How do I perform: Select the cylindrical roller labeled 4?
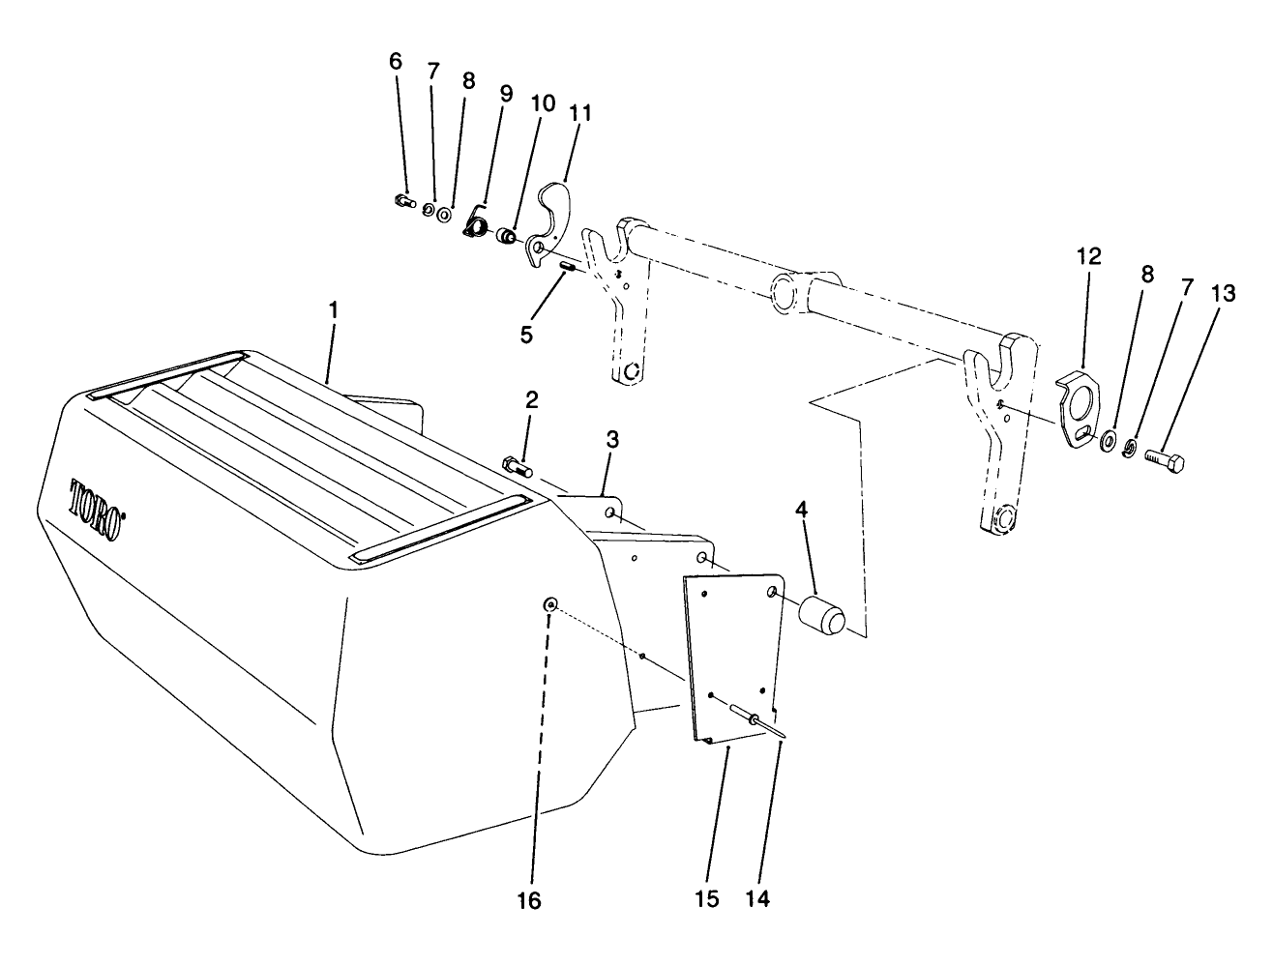click(820, 615)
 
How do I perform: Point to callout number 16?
click(529, 900)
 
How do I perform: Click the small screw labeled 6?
click(403, 201)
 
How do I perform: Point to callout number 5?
click(525, 334)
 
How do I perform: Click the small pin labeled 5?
click(569, 261)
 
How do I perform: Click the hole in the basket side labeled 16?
click(550, 604)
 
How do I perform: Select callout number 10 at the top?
click(542, 102)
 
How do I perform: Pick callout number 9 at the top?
click(505, 94)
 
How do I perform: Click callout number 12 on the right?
click(1088, 256)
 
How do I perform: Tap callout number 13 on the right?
click(1223, 294)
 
